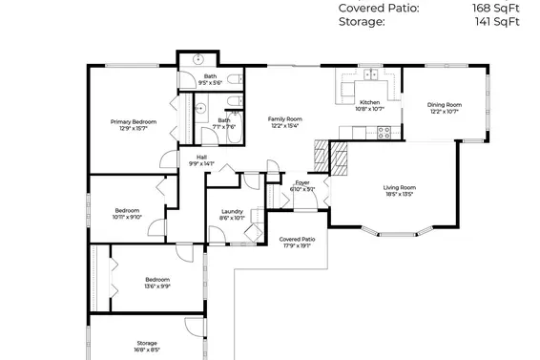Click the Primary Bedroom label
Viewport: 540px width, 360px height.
click(x=133, y=121)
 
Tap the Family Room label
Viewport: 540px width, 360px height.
click(x=284, y=118)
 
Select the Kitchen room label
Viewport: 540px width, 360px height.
click(x=369, y=102)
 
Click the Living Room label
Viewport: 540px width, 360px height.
click(x=399, y=187)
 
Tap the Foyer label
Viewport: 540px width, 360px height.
click(x=301, y=181)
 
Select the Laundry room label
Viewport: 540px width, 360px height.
click(x=231, y=211)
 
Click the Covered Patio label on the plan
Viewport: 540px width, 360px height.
click(x=296, y=239)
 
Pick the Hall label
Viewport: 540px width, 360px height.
click(x=201, y=157)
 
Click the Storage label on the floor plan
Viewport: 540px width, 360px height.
click(x=146, y=343)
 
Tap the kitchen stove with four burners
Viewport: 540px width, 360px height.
click(x=384, y=133)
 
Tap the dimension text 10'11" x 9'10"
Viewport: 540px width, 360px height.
click(x=128, y=217)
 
